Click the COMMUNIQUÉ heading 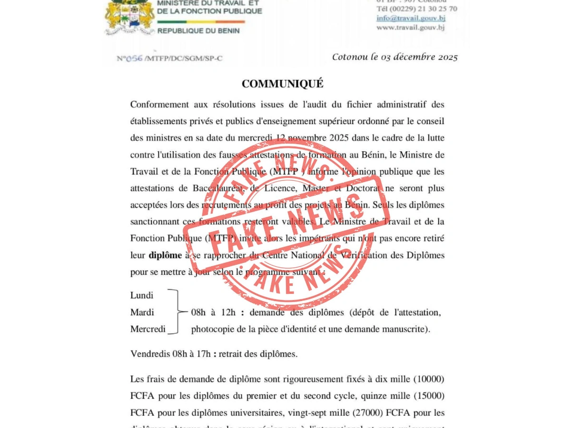[282, 84]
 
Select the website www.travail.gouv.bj [410, 28]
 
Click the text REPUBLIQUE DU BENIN [198, 31]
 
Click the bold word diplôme [165, 255]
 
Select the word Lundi [142, 295]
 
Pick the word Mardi [142, 312]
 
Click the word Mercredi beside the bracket [148, 329]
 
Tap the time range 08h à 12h [213, 312]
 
